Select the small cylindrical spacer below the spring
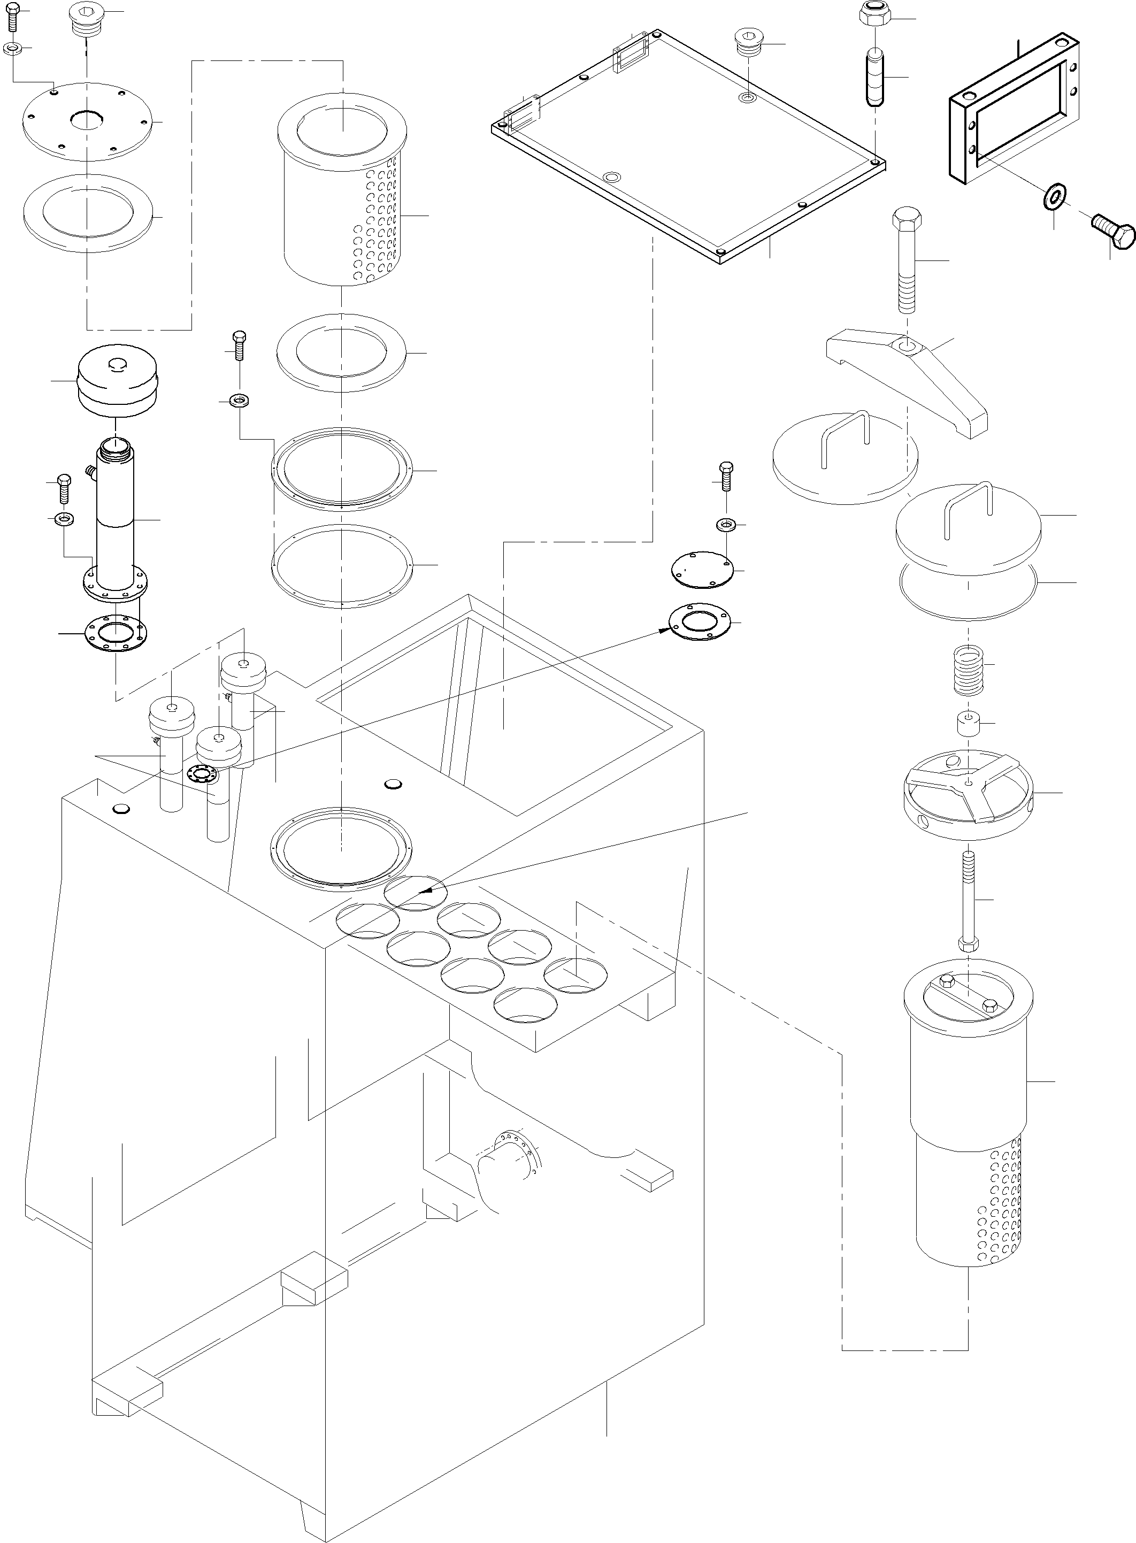[968, 724]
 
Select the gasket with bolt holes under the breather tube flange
[116, 633]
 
